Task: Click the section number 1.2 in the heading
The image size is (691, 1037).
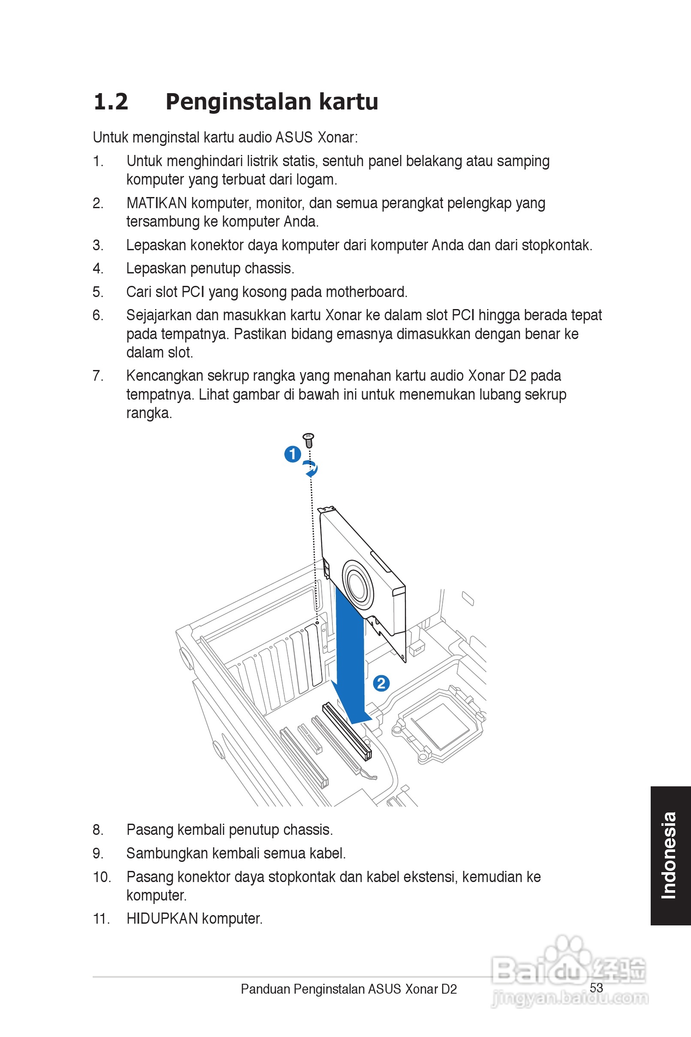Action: (111, 102)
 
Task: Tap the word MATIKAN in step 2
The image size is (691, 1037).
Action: (157, 203)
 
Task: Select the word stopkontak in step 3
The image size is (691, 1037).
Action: (556, 245)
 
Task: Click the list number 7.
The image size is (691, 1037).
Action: (97, 376)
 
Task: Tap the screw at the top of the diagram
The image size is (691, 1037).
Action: (308, 440)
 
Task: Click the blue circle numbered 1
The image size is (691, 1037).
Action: (293, 454)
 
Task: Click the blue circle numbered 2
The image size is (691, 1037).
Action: (381, 683)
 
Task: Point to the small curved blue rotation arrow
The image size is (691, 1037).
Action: (311, 468)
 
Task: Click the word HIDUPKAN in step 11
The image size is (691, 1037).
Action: (162, 919)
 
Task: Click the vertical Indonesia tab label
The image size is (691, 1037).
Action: (669, 855)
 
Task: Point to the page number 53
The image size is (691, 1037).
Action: (596, 988)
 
